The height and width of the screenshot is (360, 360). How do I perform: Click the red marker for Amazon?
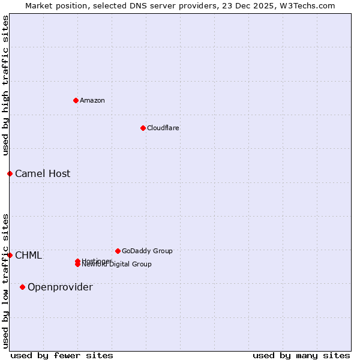[76, 100]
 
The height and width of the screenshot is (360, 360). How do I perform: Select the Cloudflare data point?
[143, 128]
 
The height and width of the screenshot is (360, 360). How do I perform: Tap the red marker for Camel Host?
[10, 173]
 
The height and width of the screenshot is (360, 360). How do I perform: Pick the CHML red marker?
[10, 255]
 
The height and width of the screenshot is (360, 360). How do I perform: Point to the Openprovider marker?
[22, 287]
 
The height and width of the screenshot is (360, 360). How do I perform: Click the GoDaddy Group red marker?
[118, 251]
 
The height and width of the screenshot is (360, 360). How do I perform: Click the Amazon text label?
[92, 100]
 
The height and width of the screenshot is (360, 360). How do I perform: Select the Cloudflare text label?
[163, 128]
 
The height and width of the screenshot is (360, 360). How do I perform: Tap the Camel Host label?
[43, 174]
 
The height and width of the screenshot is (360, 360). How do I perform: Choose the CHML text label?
[28, 256]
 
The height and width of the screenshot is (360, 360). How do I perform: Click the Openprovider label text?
[60, 287]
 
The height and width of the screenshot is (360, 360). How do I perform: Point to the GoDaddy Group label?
[147, 251]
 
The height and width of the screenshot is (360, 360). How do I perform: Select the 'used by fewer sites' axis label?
[62, 355]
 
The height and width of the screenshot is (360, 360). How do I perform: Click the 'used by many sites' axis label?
[301, 355]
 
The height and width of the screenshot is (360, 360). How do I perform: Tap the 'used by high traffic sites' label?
[5, 86]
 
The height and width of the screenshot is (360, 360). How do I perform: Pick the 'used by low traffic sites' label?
[5, 280]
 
